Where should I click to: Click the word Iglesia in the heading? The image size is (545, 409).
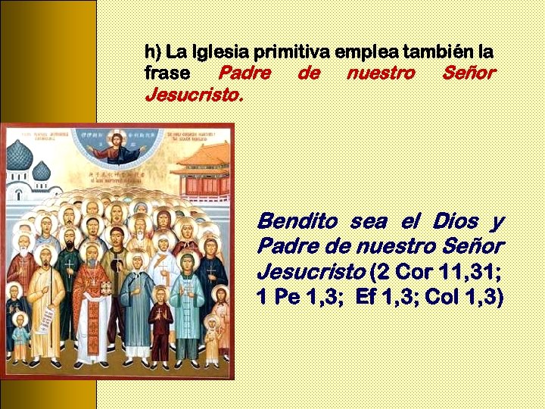point(220,52)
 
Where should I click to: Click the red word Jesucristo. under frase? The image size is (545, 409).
point(194,95)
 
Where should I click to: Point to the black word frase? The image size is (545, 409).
point(166,73)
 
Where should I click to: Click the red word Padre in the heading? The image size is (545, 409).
point(244,73)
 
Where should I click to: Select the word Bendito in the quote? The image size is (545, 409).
point(297,222)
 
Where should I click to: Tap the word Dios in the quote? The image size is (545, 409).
point(455,222)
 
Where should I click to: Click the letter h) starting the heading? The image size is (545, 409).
point(152,52)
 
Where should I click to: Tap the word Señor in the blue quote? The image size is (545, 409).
point(475,247)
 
